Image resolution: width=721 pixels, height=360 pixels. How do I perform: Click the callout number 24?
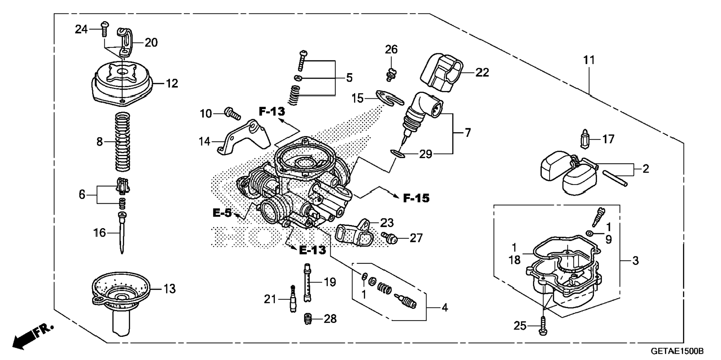click(x=81, y=29)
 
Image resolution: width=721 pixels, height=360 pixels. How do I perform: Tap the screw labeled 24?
click(x=104, y=29)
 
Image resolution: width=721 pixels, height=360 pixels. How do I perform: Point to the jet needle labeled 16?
click(x=122, y=233)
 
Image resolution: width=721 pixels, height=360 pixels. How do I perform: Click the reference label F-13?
click(x=272, y=111)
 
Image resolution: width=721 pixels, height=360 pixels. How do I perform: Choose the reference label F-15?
click(x=416, y=198)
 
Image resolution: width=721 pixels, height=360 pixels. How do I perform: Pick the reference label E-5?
click(x=222, y=213)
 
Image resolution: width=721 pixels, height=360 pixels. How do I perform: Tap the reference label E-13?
click(x=312, y=250)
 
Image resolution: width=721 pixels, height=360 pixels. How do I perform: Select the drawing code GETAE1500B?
click(x=677, y=351)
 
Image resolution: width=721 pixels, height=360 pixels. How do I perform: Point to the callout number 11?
click(x=589, y=60)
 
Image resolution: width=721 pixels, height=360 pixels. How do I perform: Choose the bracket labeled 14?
click(x=244, y=138)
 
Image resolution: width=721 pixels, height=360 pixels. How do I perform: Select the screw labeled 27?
click(x=390, y=237)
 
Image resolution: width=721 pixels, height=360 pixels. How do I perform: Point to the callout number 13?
click(x=170, y=288)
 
